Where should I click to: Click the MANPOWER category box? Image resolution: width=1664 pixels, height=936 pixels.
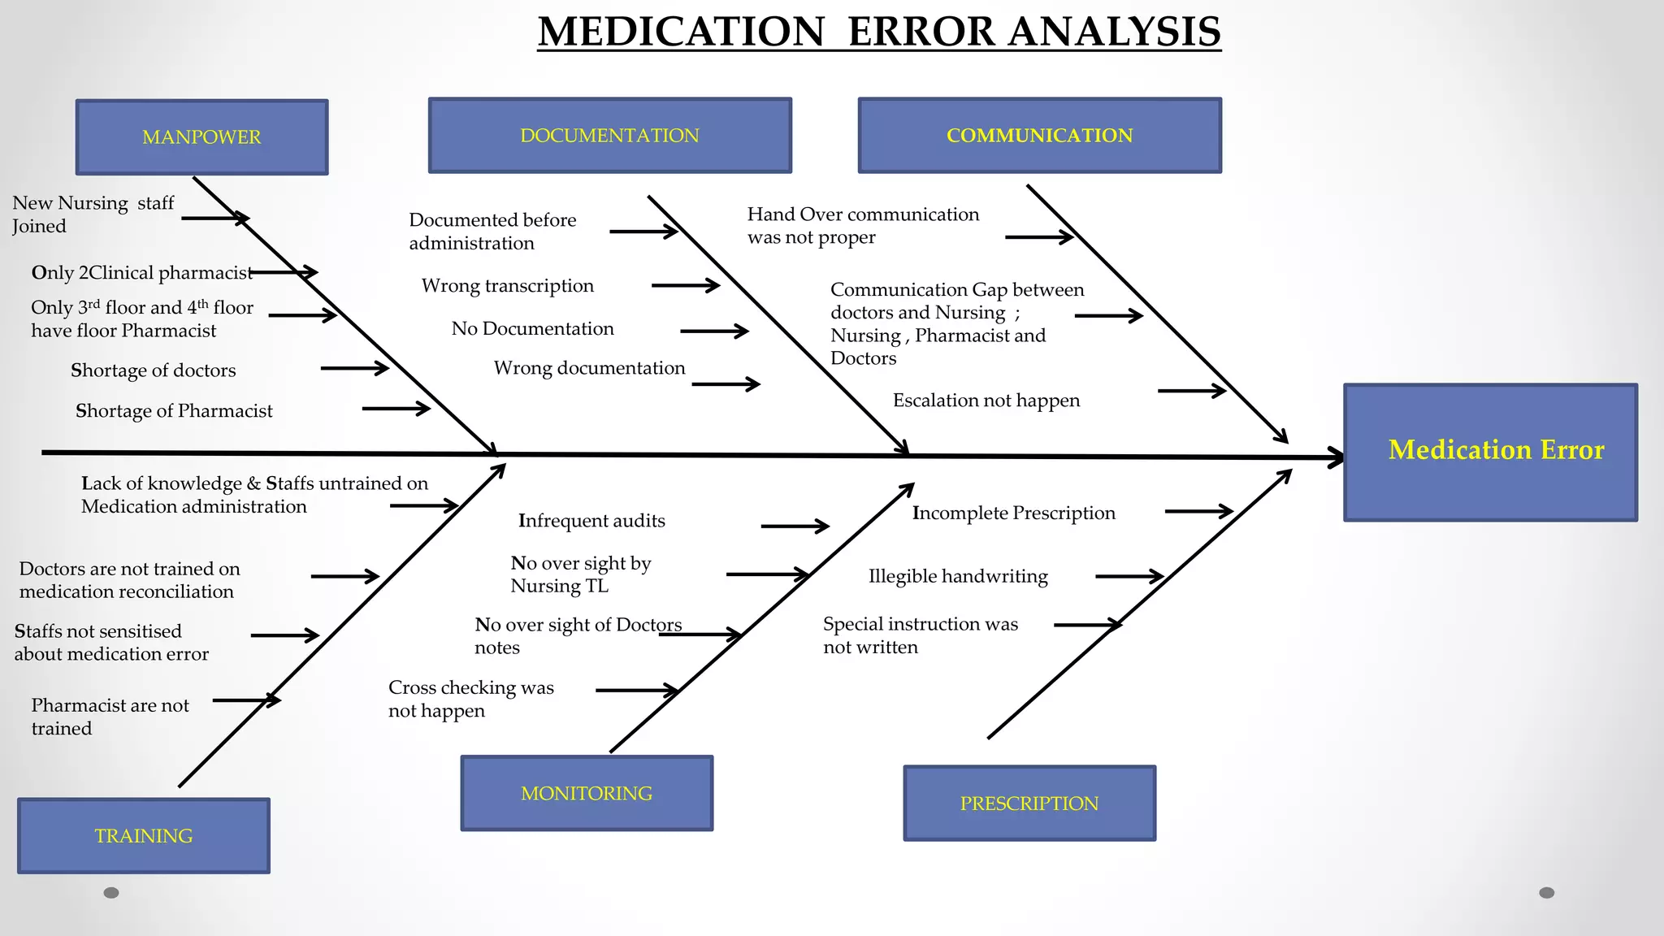point(201,137)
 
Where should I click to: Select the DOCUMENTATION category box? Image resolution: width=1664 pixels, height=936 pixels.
point(609,136)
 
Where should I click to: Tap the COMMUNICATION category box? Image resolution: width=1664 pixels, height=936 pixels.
point(1039,136)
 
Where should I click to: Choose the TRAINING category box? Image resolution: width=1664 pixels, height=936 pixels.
point(144,835)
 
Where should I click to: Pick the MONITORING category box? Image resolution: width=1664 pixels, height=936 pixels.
point(587,793)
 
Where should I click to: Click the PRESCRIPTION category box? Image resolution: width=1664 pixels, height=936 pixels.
point(1029,803)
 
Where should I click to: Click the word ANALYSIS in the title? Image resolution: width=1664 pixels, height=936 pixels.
point(1115,32)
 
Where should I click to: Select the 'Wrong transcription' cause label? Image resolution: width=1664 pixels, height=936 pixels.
point(508,286)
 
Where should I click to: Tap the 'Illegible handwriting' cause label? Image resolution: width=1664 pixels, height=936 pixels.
point(958,576)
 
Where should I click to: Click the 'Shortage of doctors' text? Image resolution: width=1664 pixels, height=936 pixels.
point(154,370)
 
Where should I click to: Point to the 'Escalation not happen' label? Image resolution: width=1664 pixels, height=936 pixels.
point(986,401)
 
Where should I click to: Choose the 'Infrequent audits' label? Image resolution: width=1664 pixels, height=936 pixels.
point(591,521)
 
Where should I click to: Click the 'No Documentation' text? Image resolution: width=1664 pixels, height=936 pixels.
point(533,329)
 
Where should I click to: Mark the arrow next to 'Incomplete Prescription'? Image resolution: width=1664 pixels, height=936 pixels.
point(1198,511)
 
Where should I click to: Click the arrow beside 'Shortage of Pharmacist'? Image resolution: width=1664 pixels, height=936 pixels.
point(396,409)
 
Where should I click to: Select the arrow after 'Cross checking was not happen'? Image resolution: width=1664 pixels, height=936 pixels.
point(637,691)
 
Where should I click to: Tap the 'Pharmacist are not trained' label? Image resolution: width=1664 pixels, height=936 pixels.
point(110,717)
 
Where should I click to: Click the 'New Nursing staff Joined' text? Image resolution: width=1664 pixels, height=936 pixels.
point(93,214)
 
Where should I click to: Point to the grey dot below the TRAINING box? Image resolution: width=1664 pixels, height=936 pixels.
point(111,893)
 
